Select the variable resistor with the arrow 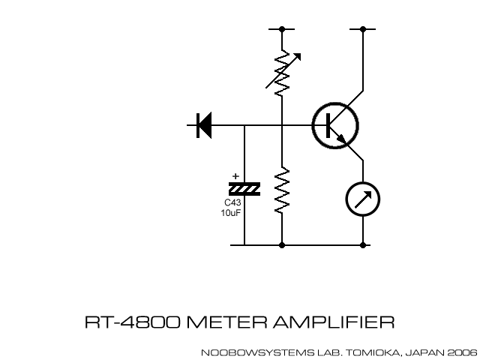(x=282, y=72)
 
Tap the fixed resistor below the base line (x=282, y=191)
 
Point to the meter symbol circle (x=363, y=199)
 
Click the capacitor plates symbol (x=244, y=189)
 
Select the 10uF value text (x=231, y=213)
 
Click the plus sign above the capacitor (x=236, y=177)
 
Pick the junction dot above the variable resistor (x=282, y=29)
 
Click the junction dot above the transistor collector (x=363, y=29)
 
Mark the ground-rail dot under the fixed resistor (x=282, y=245)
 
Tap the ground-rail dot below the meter (x=363, y=245)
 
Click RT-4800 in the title (x=131, y=322)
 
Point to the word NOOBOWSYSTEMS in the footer (x=244, y=351)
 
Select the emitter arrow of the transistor (x=344, y=139)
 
